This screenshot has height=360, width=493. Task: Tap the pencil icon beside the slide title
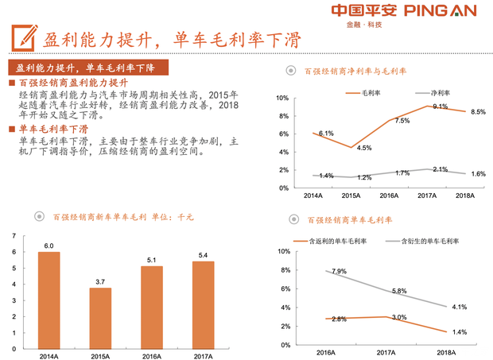[23, 36]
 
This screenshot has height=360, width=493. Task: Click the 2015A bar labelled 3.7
[100, 317]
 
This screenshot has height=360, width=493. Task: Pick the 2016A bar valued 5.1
[151, 306]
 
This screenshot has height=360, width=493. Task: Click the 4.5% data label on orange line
[364, 149]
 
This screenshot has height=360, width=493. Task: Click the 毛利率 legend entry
[363, 93]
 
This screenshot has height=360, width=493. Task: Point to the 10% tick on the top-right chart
[281, 98]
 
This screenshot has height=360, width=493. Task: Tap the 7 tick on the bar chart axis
[13, 235]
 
